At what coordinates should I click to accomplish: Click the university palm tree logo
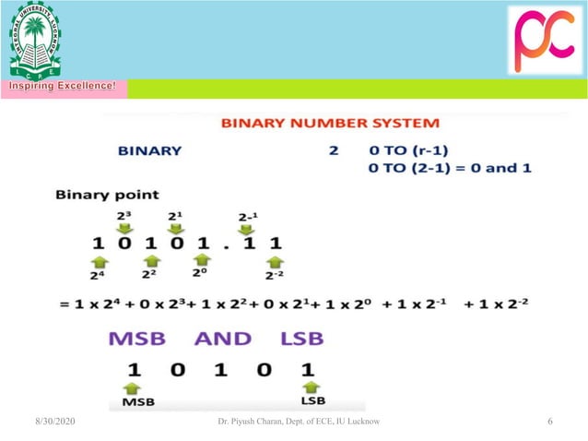pos(35,40)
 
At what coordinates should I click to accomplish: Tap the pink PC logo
pos(546,41)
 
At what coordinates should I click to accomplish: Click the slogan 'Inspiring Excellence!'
pos(64,87)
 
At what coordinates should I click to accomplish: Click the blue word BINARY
pos(149,150)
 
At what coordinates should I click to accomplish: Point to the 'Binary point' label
pos(107,195)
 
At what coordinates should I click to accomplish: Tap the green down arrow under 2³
pos(125,228)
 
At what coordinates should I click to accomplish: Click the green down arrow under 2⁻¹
pos(247,228)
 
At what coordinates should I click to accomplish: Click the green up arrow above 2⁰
pos(202,261)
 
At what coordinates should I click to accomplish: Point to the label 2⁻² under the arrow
pos(274,275)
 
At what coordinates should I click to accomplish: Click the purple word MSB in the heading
pos(137,339)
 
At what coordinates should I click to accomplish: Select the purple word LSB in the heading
pos(303,339)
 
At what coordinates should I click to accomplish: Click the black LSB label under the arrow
pos(312,402)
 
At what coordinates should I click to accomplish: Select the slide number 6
pos(549,422)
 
